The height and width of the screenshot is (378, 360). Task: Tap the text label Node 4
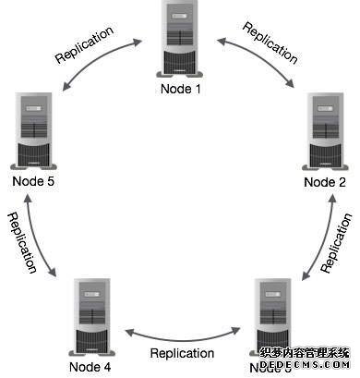(90, 367)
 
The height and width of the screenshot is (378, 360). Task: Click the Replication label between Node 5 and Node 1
(85, 43)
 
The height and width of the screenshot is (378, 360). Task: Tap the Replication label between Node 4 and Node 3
(182, 353)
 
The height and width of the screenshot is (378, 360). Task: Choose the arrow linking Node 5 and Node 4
(39, 240)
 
